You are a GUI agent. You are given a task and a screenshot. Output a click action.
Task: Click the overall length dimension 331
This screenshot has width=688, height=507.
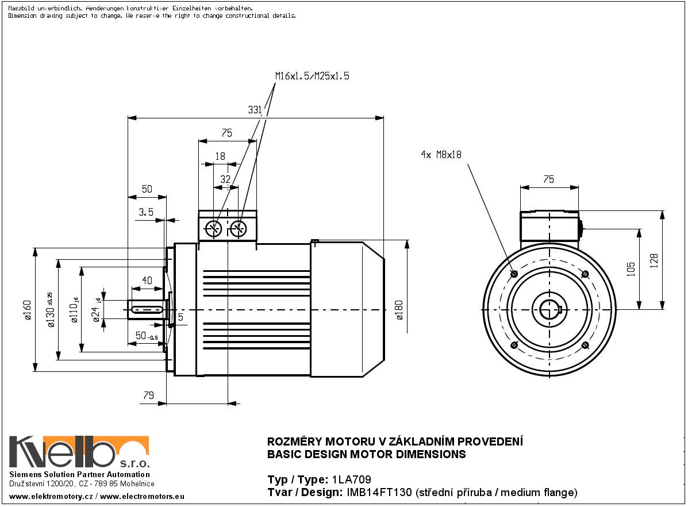pyautogui.click(x=255, y=110)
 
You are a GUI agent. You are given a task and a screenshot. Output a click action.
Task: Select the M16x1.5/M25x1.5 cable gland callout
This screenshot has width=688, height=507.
pyautogui.click(x=312, y=75)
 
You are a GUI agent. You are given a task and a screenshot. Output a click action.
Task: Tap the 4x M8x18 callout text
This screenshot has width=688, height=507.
pyautogui.click(x=441, y=155)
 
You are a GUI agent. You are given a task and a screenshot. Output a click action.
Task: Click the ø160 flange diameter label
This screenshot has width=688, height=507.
pyautogui.click(x=28, y=311)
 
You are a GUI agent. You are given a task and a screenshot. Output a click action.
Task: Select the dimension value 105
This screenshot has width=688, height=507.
pyautogui.click(x=631, y=269)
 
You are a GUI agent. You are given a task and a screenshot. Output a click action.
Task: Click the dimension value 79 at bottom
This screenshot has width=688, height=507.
pyautogui.click(x=148, y=395)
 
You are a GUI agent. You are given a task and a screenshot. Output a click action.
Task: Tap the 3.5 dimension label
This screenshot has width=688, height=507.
pyautogui.click(x=146, y=212)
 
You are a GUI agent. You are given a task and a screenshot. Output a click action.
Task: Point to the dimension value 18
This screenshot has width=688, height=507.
pyautogui.click(x=220, y=156)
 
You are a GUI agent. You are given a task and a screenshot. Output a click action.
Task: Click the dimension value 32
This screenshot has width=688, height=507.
pyautogui.click(x=225, y=179)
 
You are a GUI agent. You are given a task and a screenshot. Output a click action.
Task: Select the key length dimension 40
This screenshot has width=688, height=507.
pyautogui.click(x=147, y=281)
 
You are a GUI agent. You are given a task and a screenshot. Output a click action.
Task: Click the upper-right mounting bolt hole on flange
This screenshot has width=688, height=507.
pyautogui.click(x=585, y=274)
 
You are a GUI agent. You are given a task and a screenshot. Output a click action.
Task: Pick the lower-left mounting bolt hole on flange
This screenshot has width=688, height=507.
pyautogui.click(x=514, y=345)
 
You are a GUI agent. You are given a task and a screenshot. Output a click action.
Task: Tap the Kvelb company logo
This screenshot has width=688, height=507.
pyautogui.click(x=79, y=452)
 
